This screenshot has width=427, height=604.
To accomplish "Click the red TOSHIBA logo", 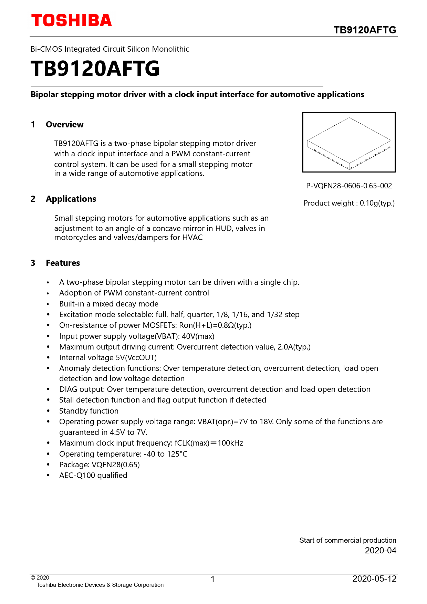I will [x=71, y=21].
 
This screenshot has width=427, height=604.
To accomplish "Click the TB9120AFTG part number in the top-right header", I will [x=365, y=30].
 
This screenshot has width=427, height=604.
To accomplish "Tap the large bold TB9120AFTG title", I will [x=95, y=69].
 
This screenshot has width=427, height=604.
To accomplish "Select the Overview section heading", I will [x=64, y=125].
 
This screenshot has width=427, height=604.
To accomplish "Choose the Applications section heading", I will [x=71, y=199].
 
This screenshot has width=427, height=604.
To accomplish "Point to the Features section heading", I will [x=63, y=263].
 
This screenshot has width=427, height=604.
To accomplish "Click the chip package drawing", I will [x=349, y=142].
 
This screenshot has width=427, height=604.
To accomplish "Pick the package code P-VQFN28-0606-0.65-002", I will [x=349, y=186].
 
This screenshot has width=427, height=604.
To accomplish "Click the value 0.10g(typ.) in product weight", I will [x=377, y=203].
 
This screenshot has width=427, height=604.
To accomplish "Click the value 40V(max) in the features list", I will [x=198, y=336].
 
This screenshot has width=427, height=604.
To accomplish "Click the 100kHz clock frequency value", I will [x=230, y=443].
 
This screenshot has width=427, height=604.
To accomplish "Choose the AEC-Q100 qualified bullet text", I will [x=93, y=476].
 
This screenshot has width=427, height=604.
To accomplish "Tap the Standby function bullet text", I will [x=88, y=411].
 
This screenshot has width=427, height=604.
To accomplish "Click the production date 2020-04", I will [x=380, y=551].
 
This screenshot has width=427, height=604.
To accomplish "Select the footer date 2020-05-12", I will [x=374, y=579].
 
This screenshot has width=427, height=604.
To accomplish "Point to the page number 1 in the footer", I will [x=213, y=579].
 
